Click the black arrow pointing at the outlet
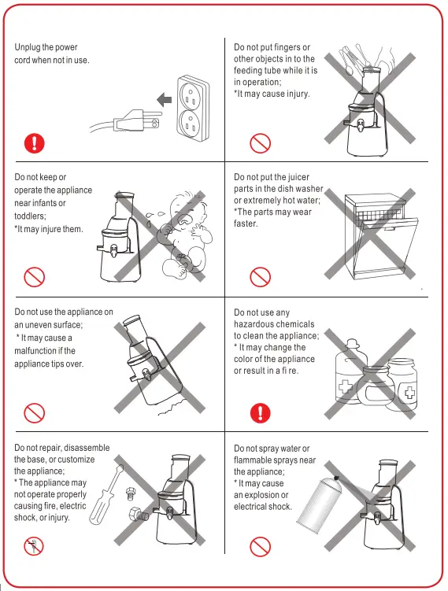[x=164, y=98]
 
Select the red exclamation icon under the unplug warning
[x=34, y=142]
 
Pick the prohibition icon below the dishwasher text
[x=260, y=277]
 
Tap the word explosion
[x=268, y=495]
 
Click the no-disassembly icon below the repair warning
[x=34, y=547]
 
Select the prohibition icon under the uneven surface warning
[x=34, y=412]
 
